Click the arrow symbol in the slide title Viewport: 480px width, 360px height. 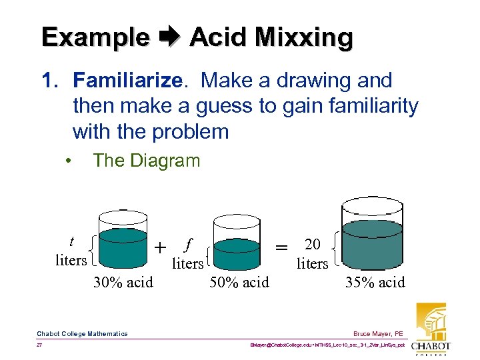169,37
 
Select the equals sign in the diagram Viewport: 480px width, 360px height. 282,247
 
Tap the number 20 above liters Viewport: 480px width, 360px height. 312,245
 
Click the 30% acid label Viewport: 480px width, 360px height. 123,283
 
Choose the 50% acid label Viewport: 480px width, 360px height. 239,283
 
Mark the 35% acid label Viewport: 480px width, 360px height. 375,283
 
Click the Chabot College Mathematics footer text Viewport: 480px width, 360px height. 82,333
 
